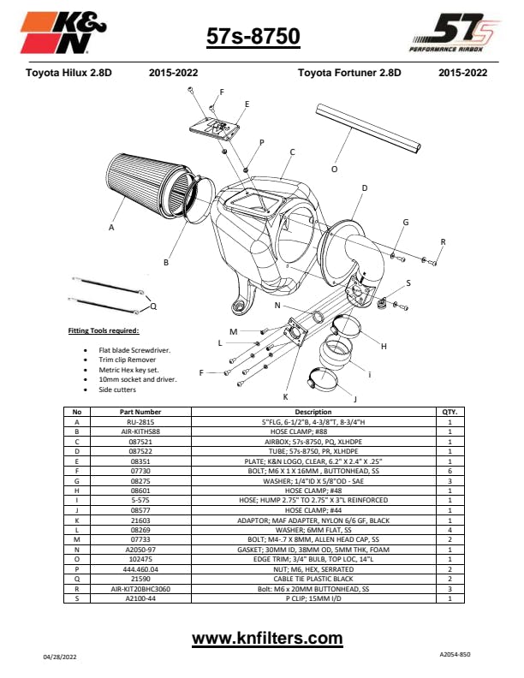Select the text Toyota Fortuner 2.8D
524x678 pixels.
(x=349, y=73)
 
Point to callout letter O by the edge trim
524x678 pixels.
(x=334, y=169)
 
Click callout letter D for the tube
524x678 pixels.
(x=365, y=187)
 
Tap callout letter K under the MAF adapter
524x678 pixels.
(x=285, y=396)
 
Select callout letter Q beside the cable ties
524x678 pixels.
(x=153, y=305)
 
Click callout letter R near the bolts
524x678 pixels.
(x=443, y=241)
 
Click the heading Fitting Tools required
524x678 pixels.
(x=103, y=330)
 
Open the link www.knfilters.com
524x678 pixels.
(x=267, y=638)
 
